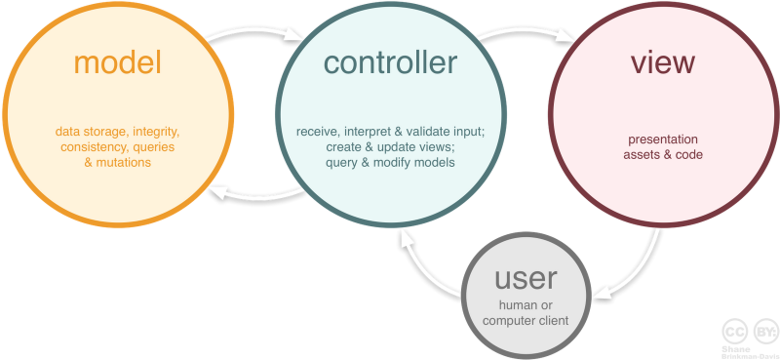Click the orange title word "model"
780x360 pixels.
(x=117, y=63)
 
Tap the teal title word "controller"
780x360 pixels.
(x=390, y=63)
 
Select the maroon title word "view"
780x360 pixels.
(x=663, y=63)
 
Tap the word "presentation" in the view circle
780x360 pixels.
(x=663, y=139)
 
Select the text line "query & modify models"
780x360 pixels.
(x=390, y=163)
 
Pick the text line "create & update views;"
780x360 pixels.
(x=390, y=147)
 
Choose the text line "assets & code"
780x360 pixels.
(x=663, y=154)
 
